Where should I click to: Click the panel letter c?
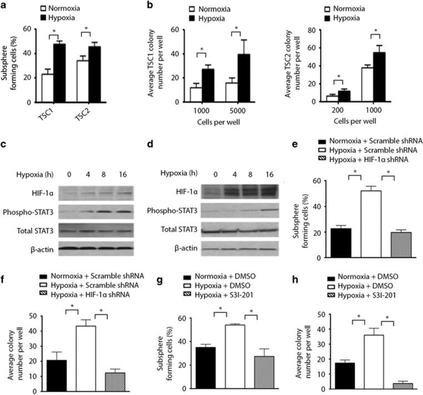click(x=6, y=129)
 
